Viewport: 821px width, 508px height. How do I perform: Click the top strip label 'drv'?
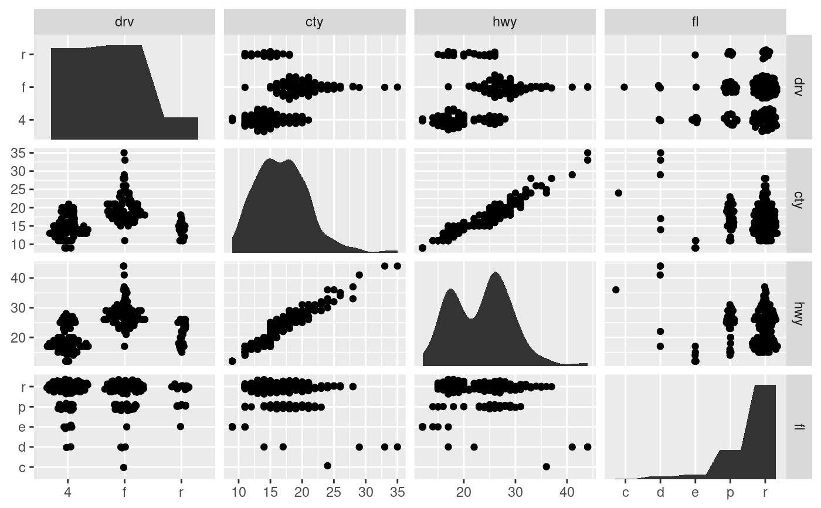[x=124, y=22]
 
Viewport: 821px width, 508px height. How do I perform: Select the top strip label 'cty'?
[x=314, y=22]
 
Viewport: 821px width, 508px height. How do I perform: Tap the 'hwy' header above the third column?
[x=504, y=22]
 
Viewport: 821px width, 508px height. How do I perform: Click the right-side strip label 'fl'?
[x=798, y=424]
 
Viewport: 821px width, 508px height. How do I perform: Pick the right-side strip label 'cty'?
[x=798, y=196]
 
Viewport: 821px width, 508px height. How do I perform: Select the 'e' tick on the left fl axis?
[x=22, y=426]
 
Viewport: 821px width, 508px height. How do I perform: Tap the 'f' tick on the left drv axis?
[x=22, y=87]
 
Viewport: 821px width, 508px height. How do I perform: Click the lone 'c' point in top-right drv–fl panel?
[x=624, y=87]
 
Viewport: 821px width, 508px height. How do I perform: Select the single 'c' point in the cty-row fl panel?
[x=618, y=193]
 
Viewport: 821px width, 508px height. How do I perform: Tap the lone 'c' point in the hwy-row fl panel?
[x=616, y=289]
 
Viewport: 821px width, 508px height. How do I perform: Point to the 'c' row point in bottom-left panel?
[x=124, y=467]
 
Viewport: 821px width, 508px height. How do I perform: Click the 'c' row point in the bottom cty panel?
[x=327, y=466]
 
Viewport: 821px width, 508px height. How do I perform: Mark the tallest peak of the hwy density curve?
[x=496, y=272]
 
